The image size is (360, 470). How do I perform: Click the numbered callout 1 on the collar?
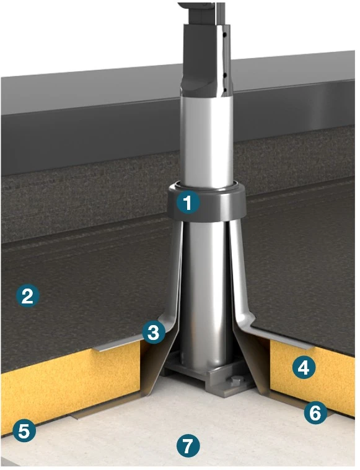click(188, 203)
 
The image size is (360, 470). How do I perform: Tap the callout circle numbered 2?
click(28, 296)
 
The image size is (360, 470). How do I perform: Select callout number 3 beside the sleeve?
click(154, 332)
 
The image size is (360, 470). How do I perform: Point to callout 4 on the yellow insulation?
click(304, 367)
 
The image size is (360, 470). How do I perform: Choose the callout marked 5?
click(24, 431)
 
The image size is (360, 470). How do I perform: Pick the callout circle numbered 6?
click(315, 413)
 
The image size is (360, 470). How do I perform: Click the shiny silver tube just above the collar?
click(207, 141)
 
